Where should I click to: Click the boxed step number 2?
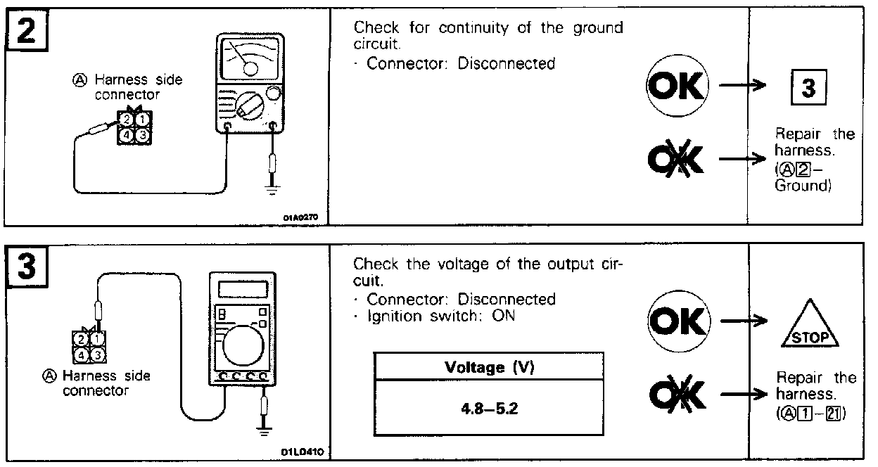pyautogui.click(x=27, y=32)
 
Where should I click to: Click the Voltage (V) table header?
pyautogui.click(x=488, y=366)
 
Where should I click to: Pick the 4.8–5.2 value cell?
pyautogui.click(x=488, y=408)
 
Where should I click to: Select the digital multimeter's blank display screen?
pyautogui.click(x=243, y=289)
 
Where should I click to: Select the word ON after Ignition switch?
pyautogui.click(x=504, y=316)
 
